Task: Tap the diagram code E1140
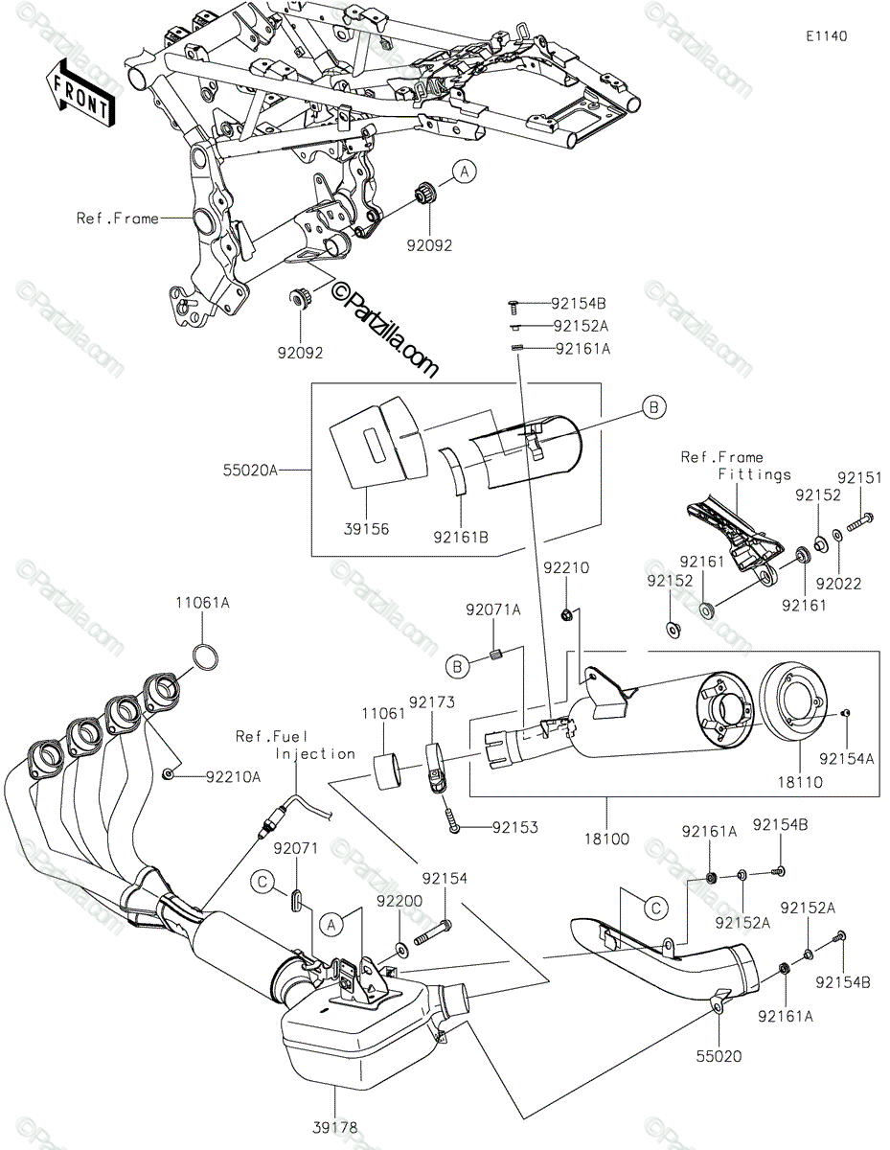click(826, 35)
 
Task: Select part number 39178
click(333, 1129)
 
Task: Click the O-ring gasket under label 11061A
click(205, 657)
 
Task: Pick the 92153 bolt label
click(514, 826)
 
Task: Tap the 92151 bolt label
click(858, 476)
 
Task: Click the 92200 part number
click(399, 902)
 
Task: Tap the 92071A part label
click(493, 609)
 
